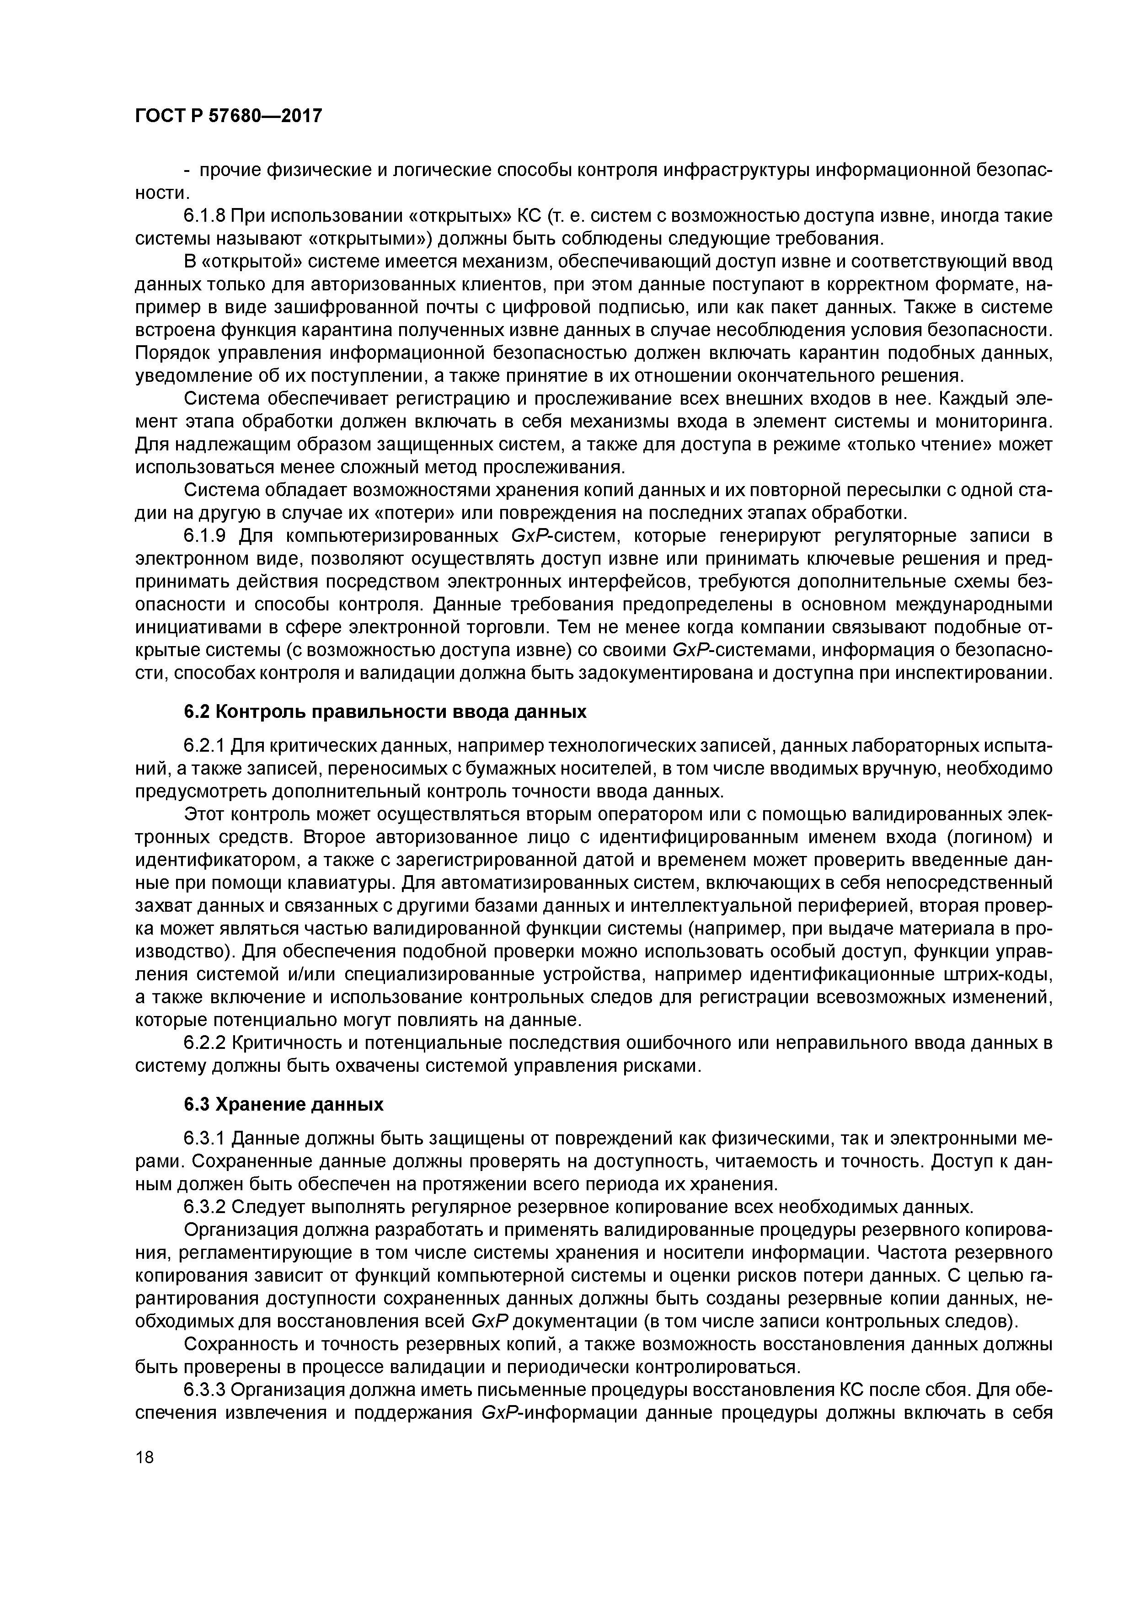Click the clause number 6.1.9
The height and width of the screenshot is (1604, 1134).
point(204,536)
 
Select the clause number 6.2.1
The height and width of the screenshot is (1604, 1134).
point(204,746)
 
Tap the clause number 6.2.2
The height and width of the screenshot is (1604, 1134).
point(204,1043)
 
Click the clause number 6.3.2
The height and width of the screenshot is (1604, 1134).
point(204,1207)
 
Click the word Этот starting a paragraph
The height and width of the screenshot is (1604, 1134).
point(205,815)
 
